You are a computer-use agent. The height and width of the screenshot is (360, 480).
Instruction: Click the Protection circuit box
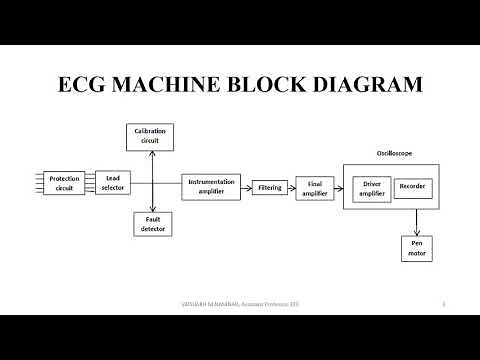65,183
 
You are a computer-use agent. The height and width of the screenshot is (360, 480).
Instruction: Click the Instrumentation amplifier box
212,187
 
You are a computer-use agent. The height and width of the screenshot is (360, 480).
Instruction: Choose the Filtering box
270,187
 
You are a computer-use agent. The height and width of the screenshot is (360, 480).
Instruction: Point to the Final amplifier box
315,187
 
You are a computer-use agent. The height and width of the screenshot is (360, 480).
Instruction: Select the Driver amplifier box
372,187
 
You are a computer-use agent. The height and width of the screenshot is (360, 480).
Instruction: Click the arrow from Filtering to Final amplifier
291,188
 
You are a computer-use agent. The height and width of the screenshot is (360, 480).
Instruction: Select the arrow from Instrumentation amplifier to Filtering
249,187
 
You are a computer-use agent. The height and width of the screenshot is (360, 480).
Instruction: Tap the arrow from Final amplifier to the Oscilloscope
338,188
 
